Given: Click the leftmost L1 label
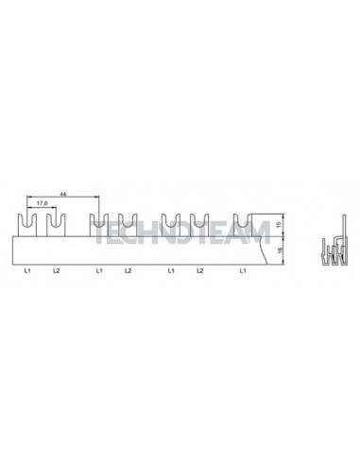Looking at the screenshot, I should point(28,272).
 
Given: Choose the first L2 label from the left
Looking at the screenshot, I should point(56,272).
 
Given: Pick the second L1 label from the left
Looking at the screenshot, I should point(99,272).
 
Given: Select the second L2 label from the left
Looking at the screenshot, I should point(128,272).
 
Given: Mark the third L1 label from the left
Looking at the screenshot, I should point(171,272).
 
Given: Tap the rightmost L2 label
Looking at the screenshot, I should point(199,272).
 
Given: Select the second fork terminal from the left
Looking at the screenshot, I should point(56,225).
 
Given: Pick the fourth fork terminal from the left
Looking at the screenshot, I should point(128,225).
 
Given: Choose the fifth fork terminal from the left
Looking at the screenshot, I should point(171,225).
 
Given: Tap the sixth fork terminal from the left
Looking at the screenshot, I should point(199,225).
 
